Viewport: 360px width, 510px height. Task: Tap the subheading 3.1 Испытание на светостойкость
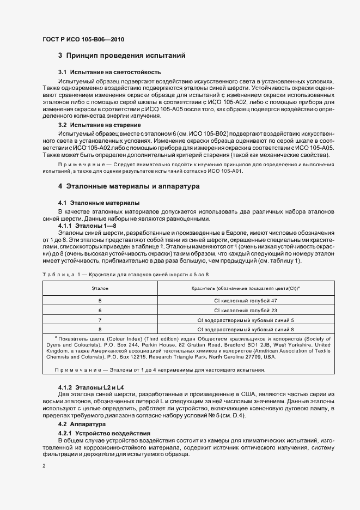click(109, 72)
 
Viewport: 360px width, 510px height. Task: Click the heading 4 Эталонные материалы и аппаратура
click(129, 186)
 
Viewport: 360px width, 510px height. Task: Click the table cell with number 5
click(100, 300)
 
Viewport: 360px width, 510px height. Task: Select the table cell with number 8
click(100, 329)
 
